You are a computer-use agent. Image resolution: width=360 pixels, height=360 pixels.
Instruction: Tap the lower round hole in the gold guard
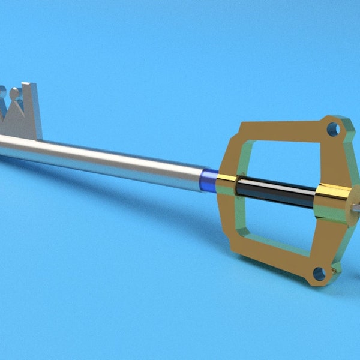[320, 274]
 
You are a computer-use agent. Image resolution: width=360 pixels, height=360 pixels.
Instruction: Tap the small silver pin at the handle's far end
[356, 208]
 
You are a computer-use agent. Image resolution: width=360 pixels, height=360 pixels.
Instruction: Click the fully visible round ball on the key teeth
[14, 93]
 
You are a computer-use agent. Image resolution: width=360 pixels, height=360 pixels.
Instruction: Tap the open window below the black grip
[276, 225]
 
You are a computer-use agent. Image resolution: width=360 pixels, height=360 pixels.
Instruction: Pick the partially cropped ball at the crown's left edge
[2, 93]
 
